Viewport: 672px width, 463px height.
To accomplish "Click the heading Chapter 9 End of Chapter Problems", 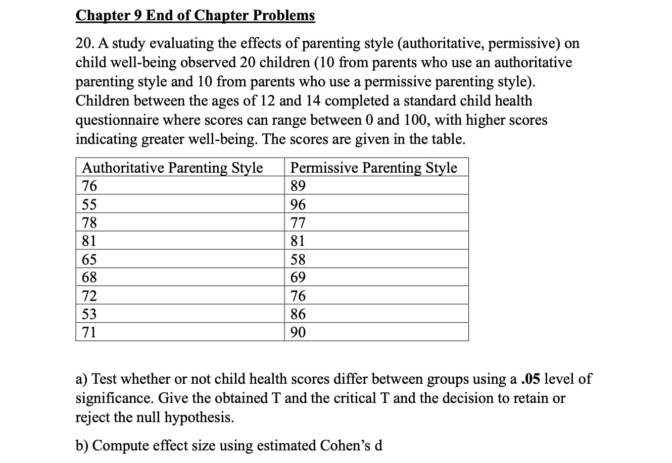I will tap(195, 16).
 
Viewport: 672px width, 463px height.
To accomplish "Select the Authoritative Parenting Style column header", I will tap(172, 168).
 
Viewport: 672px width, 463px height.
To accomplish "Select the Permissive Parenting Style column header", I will tap(373, 168).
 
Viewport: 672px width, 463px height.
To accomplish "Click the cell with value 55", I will tap(89, 204).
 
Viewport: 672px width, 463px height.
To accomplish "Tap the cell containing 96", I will tap(298, 204).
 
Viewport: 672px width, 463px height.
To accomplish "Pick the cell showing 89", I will tap(298, 186).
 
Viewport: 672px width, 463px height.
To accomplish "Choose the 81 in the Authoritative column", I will tap(89, 241).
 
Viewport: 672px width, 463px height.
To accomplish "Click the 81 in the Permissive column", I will tap(298, 241).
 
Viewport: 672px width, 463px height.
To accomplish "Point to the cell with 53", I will tap(89, 314).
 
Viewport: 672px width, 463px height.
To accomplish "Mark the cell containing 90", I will tap(298, 332).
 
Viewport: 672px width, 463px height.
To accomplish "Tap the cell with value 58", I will tap(298, 260).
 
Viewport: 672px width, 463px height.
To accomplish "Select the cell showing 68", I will tap(89, 277).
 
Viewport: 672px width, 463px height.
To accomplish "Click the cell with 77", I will tap(298, 223).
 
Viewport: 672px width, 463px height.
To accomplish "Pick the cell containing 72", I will tap(89, 296).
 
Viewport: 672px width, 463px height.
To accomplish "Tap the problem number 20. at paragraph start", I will tap(83, 43).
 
